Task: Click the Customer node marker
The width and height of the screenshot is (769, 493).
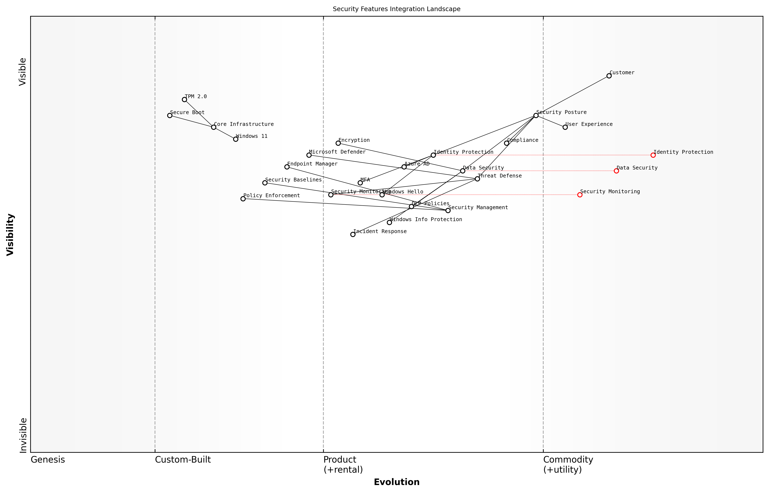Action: click(609, 76)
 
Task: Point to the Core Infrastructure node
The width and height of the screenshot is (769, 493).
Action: click(214, 127)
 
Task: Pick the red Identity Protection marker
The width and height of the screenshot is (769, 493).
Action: click(653, 155)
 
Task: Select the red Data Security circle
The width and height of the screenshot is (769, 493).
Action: click(616, 171)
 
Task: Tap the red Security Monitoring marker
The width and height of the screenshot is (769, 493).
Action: click(580, 195)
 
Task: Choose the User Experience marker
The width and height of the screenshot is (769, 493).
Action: click(565, 127)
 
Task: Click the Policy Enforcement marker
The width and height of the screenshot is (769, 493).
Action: click(243, 199)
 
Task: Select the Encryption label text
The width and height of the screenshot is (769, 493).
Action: click(354, 140)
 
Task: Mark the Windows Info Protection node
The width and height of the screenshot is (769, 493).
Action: click(389, 223)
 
